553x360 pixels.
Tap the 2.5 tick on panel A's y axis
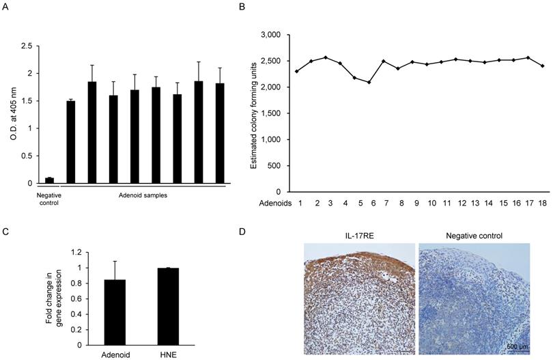click(x=28, y=46)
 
